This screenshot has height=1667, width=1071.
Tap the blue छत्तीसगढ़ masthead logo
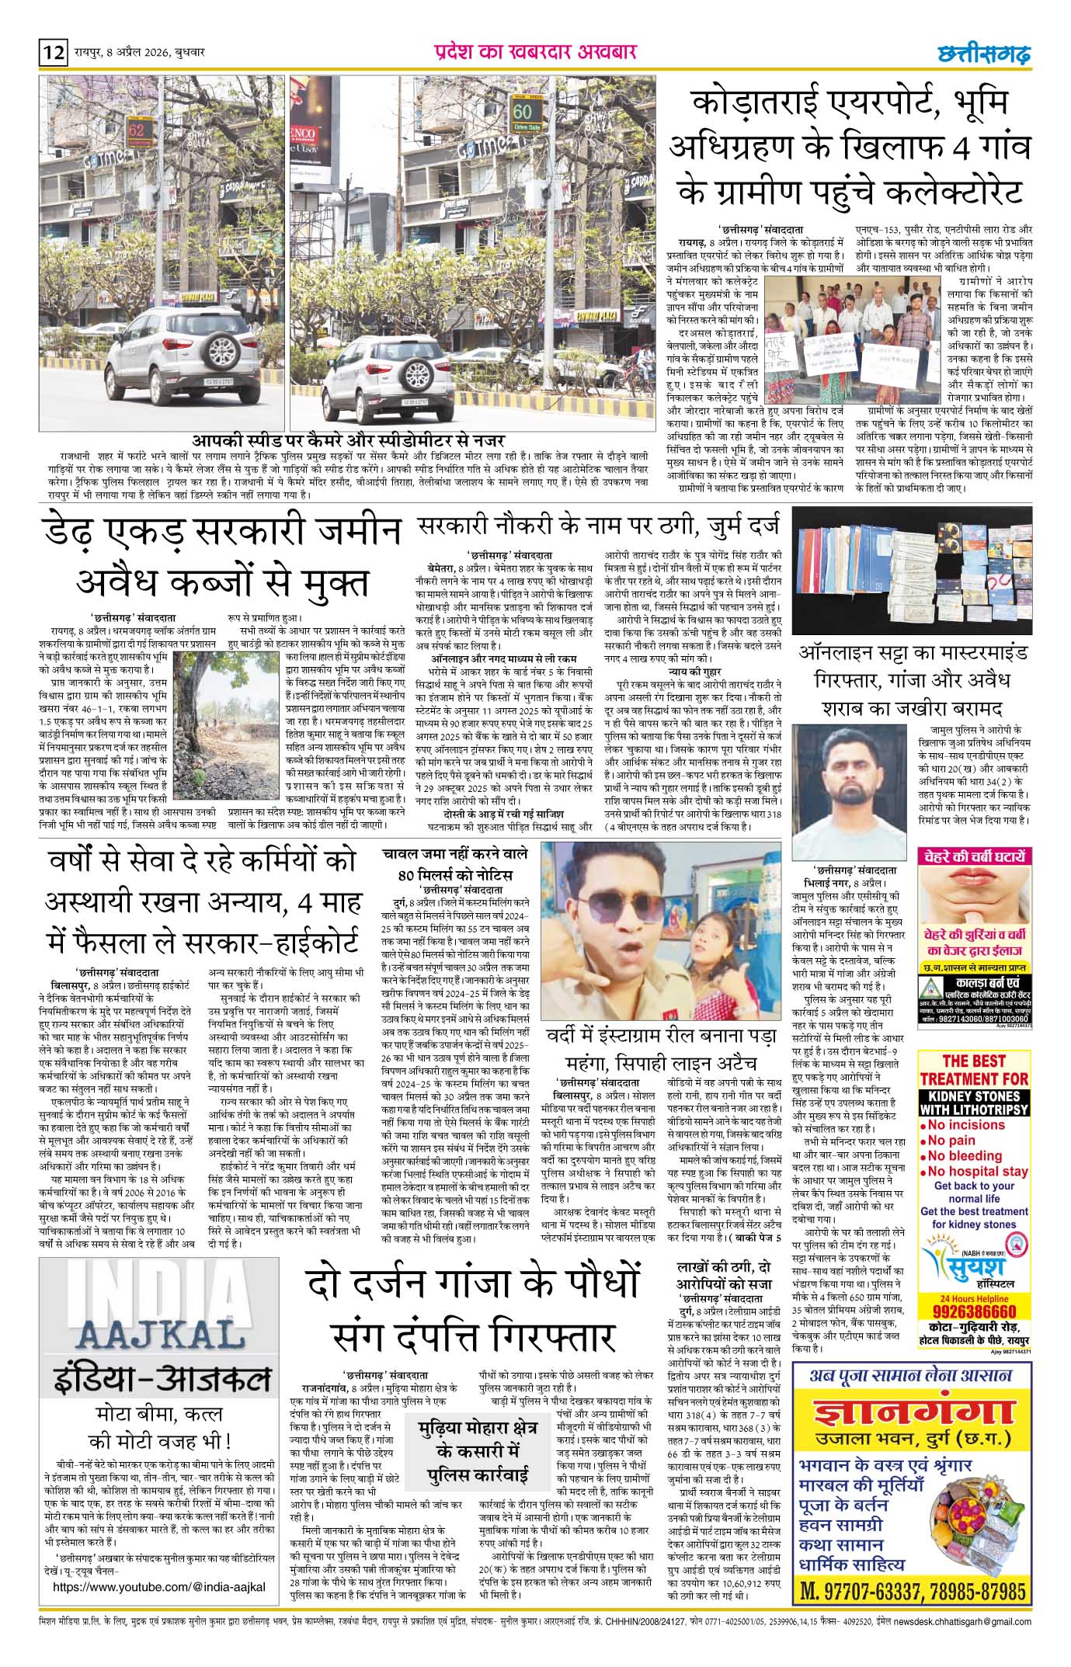point(982,54)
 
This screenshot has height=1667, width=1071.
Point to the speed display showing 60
point(521,113)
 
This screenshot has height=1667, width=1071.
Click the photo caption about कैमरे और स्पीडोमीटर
point(349,440)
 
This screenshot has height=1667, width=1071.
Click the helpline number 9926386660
point(976,1311)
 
